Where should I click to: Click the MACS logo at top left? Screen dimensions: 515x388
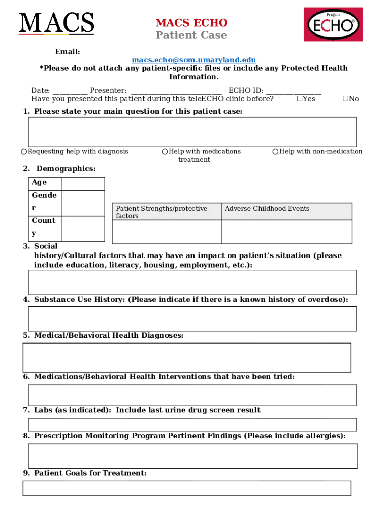[56, 23]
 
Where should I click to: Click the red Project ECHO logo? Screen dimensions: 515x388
[333, 25]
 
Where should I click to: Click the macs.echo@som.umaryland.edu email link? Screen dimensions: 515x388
[193, 60]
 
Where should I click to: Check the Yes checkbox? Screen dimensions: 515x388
[300, 99]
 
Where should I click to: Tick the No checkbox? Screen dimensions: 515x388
[345, 99]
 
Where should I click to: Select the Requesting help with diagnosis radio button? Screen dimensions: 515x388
[24, 152]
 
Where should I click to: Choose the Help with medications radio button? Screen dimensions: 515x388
[165, 152]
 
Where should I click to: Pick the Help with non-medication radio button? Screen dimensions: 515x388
[275, 152]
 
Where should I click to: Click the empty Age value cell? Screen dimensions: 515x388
[83, 184]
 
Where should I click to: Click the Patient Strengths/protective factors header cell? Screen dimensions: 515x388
[167, 212]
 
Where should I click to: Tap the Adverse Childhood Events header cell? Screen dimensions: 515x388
[286, 212]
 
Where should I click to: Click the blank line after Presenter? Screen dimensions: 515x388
[176, 91]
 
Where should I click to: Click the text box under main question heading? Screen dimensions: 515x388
[192, 132]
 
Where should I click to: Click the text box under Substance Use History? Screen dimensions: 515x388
[192, 318]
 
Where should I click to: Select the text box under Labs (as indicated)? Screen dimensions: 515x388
[192, 424]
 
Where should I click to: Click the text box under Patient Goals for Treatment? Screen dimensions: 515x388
[186, 488]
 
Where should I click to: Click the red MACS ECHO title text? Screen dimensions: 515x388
[191, 23]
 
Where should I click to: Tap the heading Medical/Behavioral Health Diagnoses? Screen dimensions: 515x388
[108, 335]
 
